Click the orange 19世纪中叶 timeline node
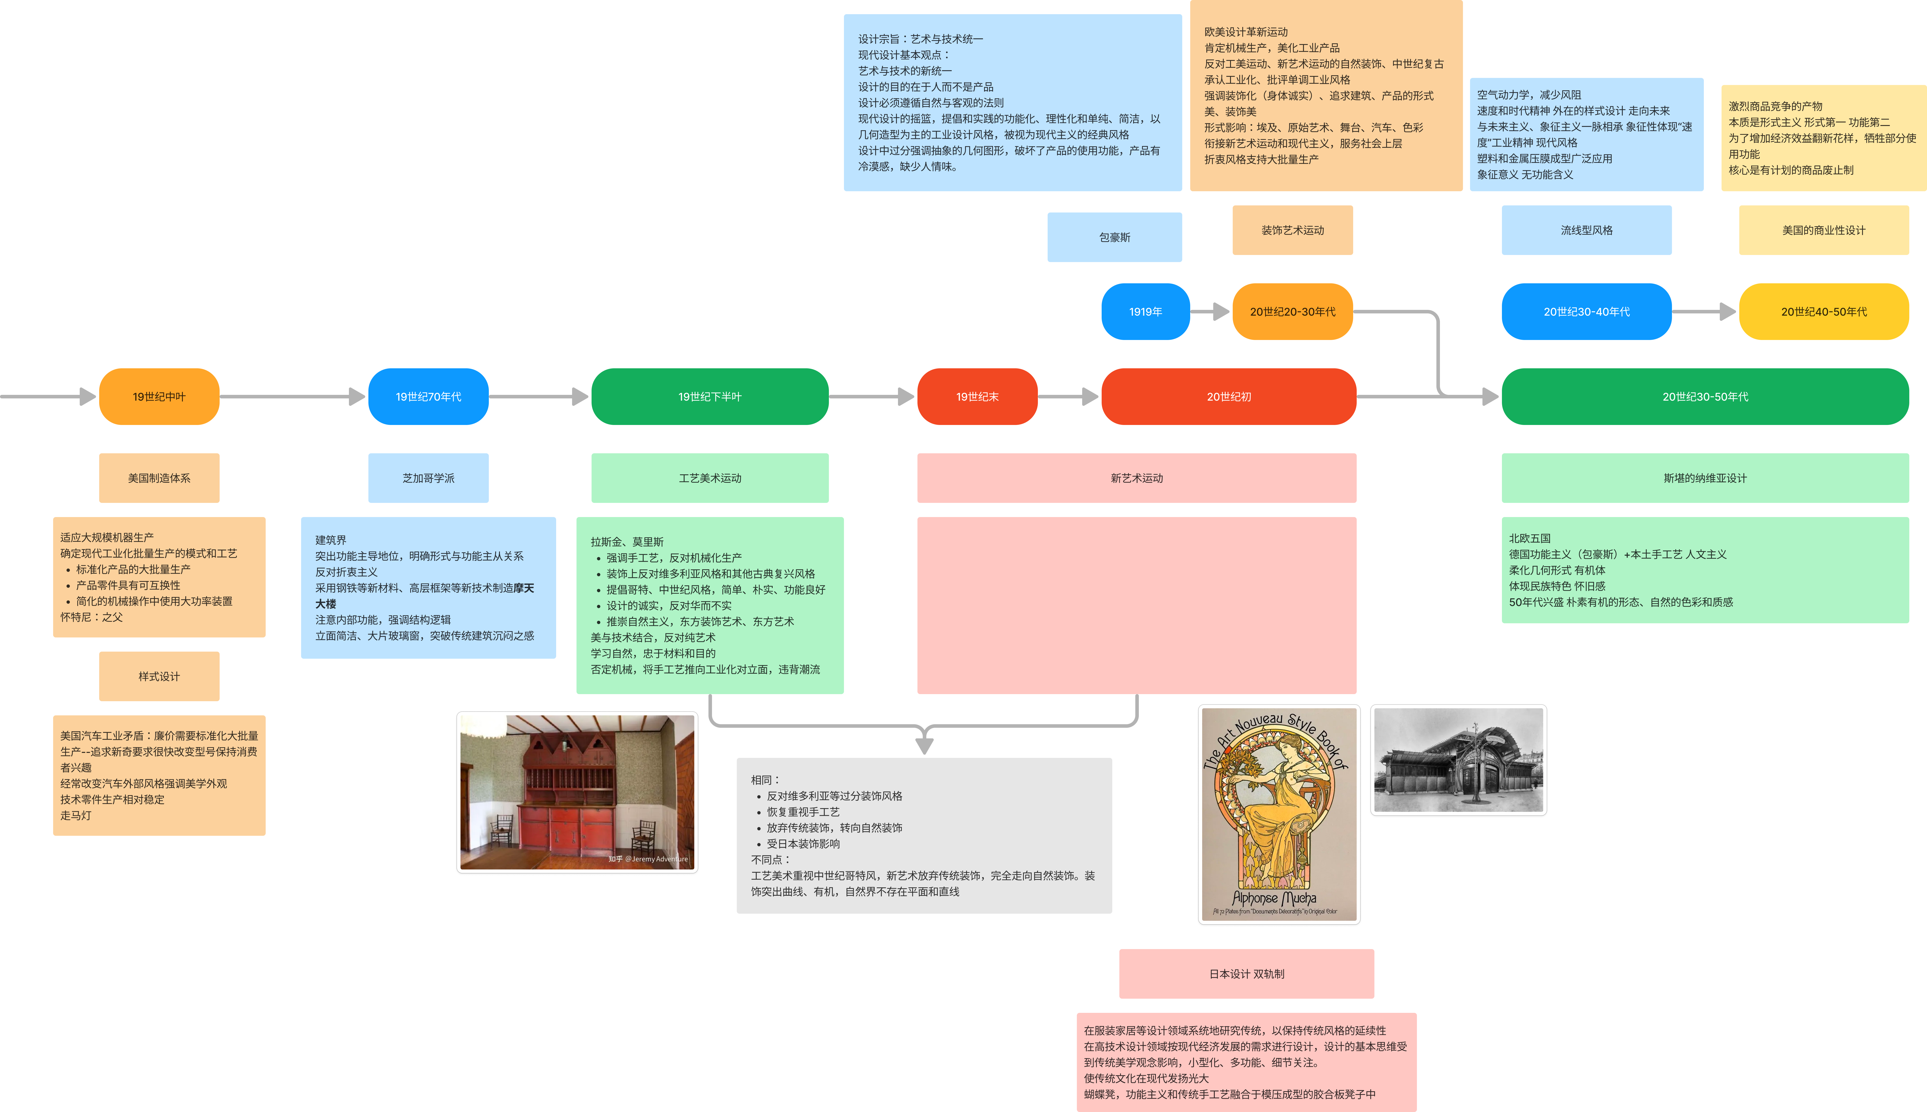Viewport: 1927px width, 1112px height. (x=159, y=396)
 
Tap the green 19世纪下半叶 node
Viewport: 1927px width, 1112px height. (x=710, y=396)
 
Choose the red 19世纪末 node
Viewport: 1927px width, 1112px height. (x=977, y=396)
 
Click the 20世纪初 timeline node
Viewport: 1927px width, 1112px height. (x=1228, y=396)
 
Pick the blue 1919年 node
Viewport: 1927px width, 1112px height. (x=1145, y=312)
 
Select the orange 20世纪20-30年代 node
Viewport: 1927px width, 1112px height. (x=1292, y=312)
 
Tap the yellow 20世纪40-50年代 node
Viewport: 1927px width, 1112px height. (x=1823, y=312)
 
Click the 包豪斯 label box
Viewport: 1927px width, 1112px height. (x=1114, y=237)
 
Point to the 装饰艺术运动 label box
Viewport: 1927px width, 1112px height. (x=1292, y=230)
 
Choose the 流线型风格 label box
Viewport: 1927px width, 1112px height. (x=1586, y=230)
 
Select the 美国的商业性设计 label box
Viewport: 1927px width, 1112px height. (x=1823, y=230)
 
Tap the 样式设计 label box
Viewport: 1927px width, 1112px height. (x=159, y=676)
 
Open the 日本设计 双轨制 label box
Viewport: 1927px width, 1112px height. (x=1246, y=974)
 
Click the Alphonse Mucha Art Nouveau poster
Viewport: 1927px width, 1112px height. (x=1279, y=815)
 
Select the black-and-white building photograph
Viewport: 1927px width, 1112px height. (x=1458, y=761)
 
